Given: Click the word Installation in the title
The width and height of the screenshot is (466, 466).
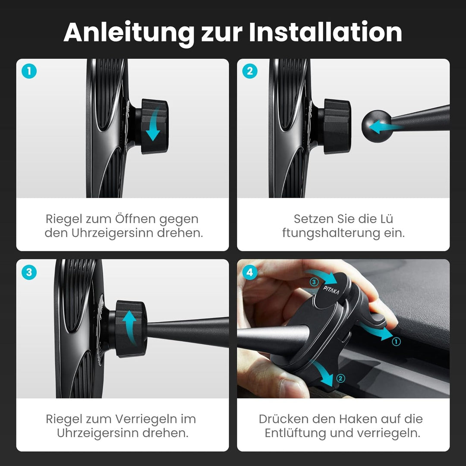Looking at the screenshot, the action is click(325, 32).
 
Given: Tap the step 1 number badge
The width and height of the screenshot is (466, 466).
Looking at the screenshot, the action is click(29, 71).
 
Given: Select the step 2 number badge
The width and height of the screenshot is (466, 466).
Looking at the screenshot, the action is click(250, 71).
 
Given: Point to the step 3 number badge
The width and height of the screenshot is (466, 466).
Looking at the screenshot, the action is click(29, 272).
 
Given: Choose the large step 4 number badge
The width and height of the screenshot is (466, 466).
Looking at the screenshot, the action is click(250, 272).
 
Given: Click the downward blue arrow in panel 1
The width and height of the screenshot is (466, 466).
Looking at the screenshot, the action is click(154, 125).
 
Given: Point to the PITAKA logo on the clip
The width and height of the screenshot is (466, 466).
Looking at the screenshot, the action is click(331, 290).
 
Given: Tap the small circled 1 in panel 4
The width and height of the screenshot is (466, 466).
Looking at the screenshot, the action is click(396, 341).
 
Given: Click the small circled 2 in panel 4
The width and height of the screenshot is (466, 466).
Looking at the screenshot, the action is click(340, 378).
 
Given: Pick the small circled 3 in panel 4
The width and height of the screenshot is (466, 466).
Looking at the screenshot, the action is click(314, 282).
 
